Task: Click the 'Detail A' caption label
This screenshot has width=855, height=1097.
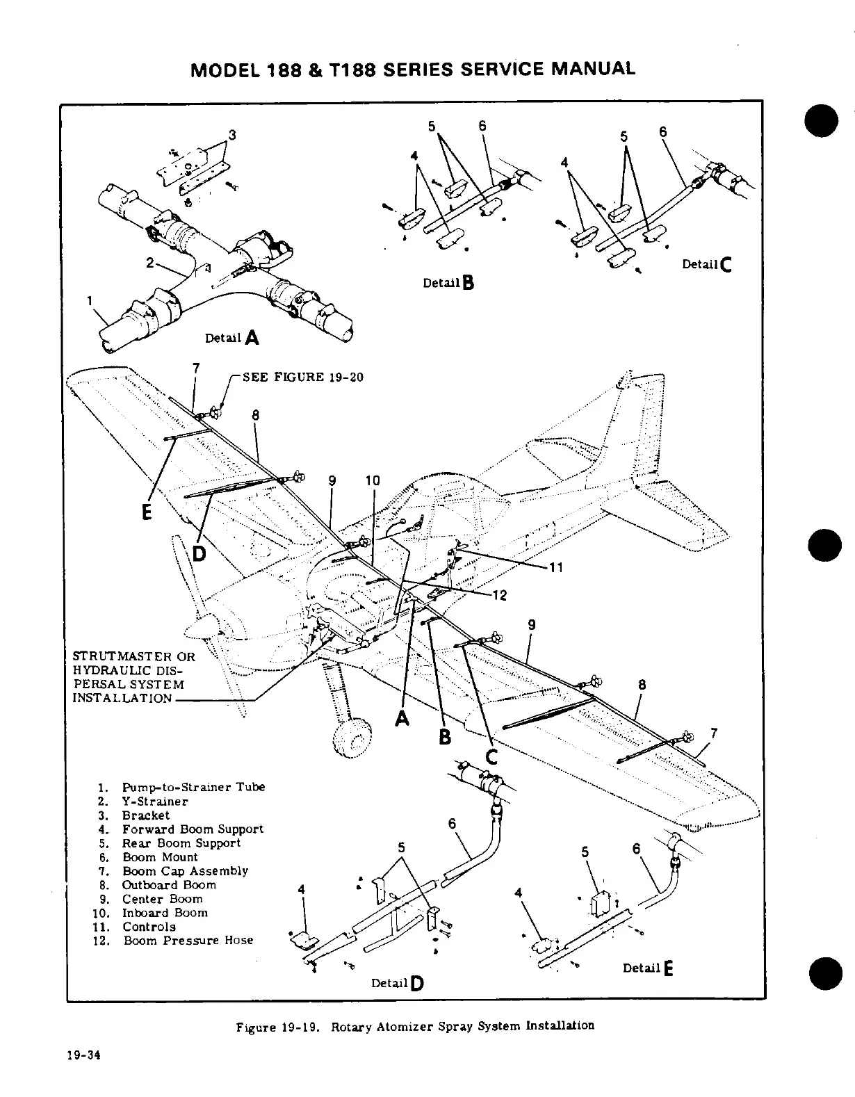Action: [232, 339]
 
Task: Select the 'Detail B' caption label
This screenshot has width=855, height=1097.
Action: [448, 283]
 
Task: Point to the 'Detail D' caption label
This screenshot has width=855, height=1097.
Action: [398, 983]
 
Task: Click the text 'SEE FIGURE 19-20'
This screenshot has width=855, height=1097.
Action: [302, 377]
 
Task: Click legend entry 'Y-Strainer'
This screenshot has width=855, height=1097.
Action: [155, 802]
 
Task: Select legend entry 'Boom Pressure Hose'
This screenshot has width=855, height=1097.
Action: [188, 941]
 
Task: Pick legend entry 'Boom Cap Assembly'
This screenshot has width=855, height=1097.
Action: [185, 871]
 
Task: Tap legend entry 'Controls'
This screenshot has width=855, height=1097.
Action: [149, 927]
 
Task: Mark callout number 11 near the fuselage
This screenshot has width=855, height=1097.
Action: [555, 567]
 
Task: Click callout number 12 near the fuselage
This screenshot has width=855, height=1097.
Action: [499, 595]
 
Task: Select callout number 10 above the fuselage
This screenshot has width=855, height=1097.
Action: [373, 480]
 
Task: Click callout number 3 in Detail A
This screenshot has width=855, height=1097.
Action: [232, 136]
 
